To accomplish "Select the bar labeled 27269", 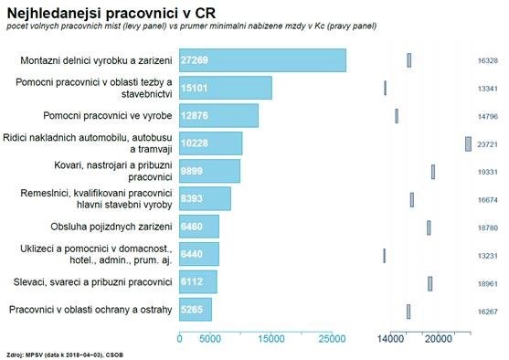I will pos(262,60).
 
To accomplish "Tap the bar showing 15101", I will pos(225,88).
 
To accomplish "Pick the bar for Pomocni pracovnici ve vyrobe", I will pos(218,116).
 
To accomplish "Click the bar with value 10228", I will pos(210,143).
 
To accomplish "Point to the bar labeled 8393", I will pos(205,198).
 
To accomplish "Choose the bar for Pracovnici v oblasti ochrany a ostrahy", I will pos(196,310).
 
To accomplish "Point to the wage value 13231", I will pos(487,255).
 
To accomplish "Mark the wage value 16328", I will pos(487,60).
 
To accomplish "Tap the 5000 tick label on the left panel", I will pos(210,339).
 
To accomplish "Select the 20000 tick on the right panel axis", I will pos(440,339).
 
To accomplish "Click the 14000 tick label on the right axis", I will pos(391,339).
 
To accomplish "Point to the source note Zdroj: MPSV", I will pos(63,351).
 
